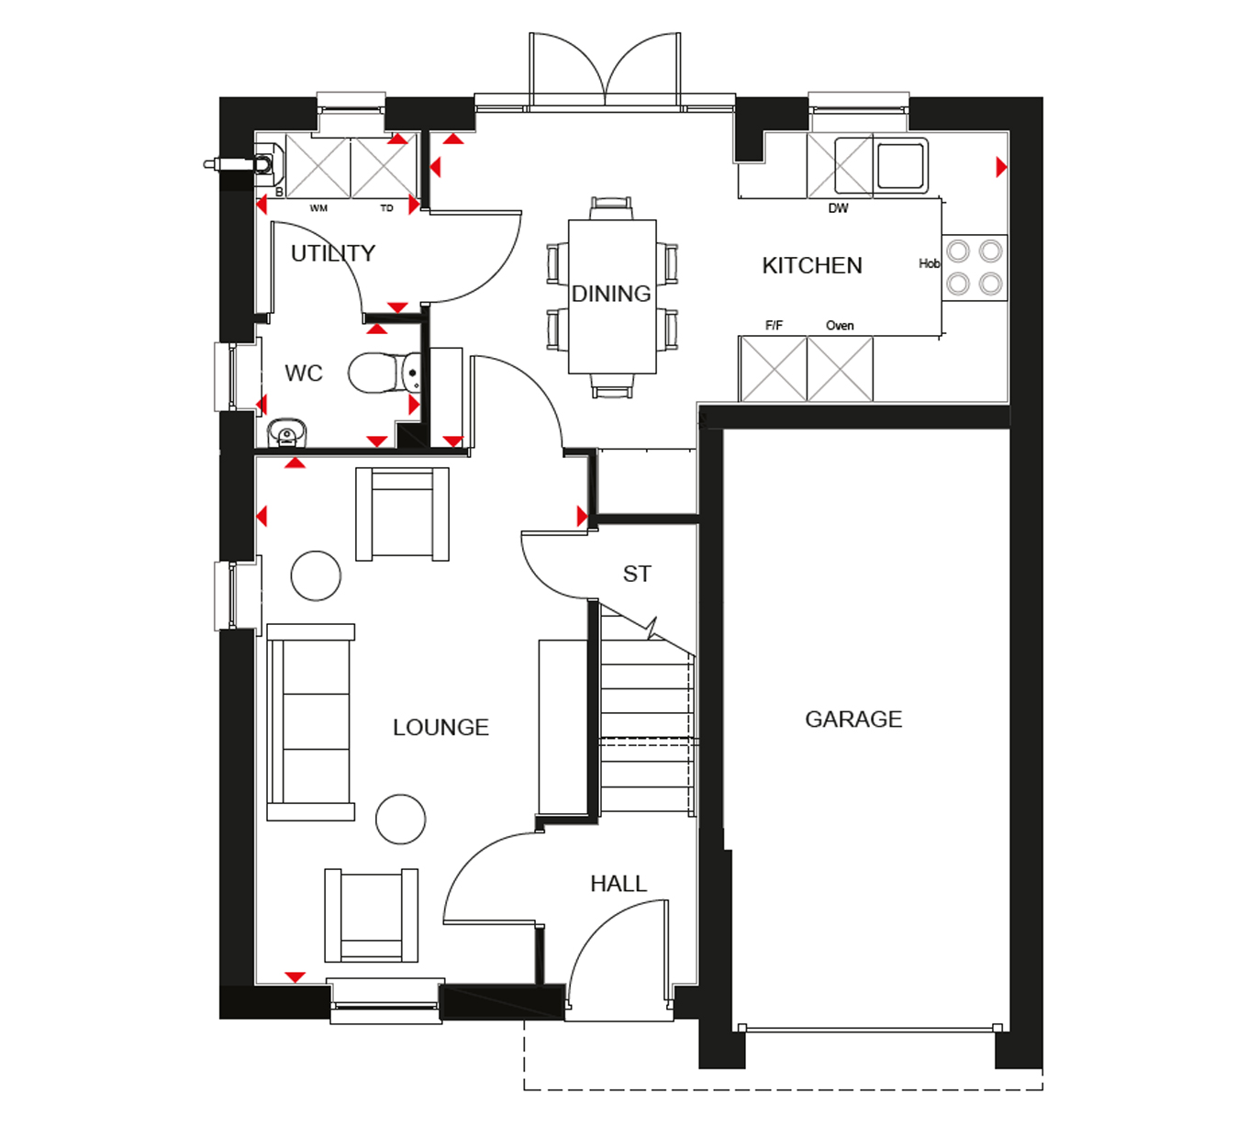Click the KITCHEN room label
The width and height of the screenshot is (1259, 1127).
tap(812, 266)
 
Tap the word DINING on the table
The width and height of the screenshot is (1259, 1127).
tap(611, 294)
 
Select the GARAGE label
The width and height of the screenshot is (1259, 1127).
tap(853, 720)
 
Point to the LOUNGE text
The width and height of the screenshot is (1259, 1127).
tap(440, 728)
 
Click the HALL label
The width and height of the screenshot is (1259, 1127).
tap(618, 884)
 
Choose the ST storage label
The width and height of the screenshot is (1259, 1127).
tap(637, 575)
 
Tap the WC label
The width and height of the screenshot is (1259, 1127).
tap(304, 374)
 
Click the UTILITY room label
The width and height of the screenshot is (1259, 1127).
tap(333, 253)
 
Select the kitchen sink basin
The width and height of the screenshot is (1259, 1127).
tap(901, 165)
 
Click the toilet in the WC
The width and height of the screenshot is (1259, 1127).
tap(378, 373)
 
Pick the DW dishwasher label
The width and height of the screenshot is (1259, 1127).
tap(839, 208)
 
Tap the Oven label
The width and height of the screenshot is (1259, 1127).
tap(840, 326)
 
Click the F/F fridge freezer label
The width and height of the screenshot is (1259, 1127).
tap(774, 326)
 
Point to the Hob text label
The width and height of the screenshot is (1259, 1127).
tap(930, 264)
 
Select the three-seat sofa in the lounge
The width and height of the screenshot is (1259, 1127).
tap(310, 722)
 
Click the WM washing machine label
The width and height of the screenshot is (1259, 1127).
tap(318, 208)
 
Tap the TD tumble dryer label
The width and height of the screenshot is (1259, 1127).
tap(387, 208)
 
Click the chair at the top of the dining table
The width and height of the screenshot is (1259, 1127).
tap(611, 208)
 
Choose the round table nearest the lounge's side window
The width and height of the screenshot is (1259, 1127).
tap(316, 575)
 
